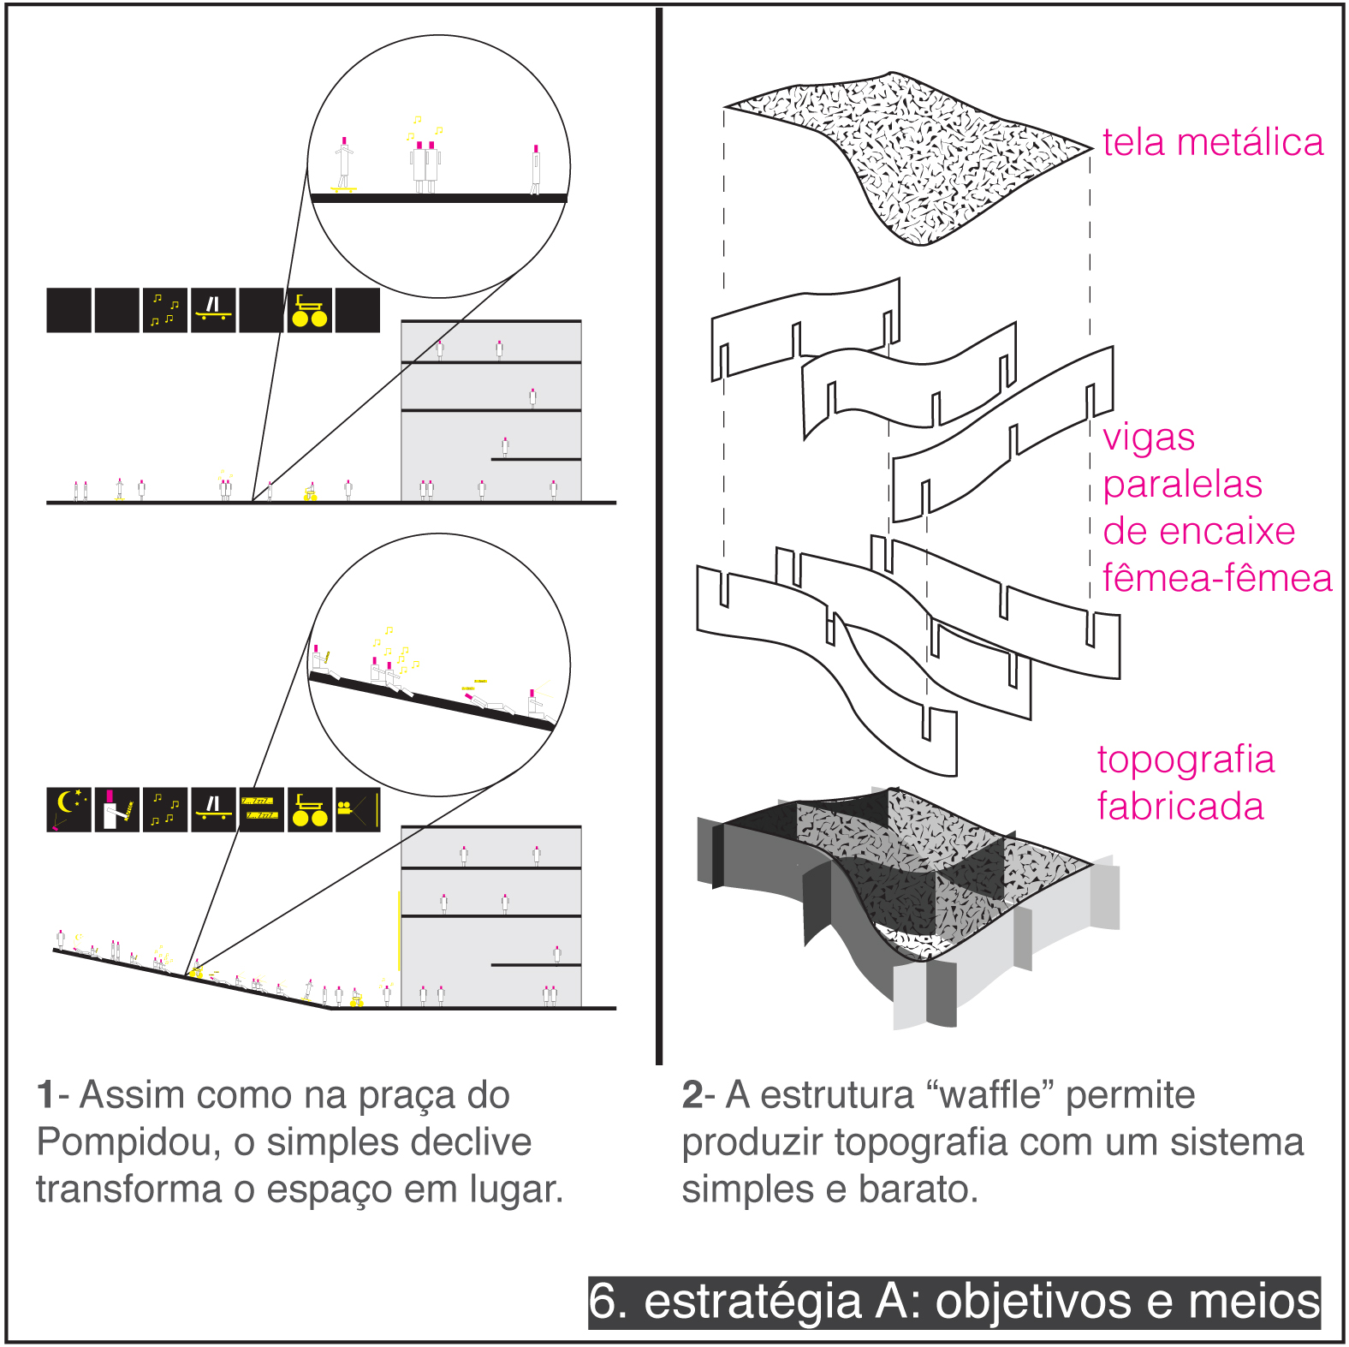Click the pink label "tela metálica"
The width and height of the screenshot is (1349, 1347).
click(x=1212, y=142)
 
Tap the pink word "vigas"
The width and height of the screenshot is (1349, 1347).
click(x=1148, y=437)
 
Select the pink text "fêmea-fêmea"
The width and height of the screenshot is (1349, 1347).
click(x=1216, y=578)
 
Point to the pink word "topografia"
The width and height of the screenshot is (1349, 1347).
click(x=1186, y=760)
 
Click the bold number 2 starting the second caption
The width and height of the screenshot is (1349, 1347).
click(x=692, y=1095)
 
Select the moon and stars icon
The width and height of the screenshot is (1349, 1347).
click(x=68, y=809)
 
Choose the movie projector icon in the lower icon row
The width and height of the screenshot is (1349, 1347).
click(x=357, y=809)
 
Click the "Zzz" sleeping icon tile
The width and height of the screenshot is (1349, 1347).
click(x=260, y=809)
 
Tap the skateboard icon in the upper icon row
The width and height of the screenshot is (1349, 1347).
click(x=213, y=309)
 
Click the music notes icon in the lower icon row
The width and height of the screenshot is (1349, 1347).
click(x=164, y=809)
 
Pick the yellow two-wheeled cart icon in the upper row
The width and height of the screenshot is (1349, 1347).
click(x=309, y=310)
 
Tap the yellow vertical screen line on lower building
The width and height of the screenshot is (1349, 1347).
click(x=399, y=930)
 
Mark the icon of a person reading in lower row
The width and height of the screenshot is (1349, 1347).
click(x=116, y=809)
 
